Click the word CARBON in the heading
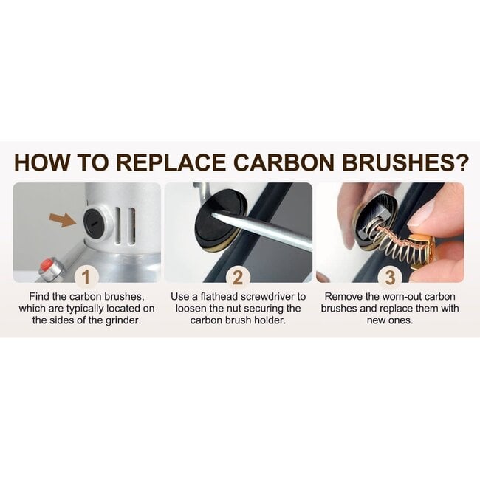coord(284,162)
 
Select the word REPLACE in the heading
coord(171,162)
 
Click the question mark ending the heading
coord(460,162)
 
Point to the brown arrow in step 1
coord(63,220)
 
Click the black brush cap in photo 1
coord(95,222)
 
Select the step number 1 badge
coord(86,278)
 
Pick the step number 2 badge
coord(238,278)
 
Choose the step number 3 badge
coord(390,278)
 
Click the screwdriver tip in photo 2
coord(214,215)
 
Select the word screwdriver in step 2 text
coord(266,297)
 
